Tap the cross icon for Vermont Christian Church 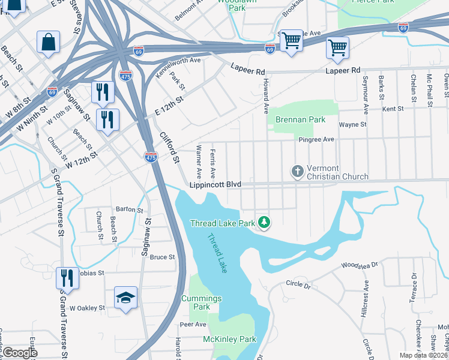(297, 172)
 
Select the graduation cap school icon (126, 298)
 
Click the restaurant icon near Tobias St (67, 278)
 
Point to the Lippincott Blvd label (214, 186)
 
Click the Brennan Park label (300, 119)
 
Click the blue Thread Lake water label (217, 252)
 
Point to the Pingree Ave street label (316, 139)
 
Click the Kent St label (393, 109)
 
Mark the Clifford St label (170, 146)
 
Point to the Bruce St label (162, 257)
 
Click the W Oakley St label (87, 308)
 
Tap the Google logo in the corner (19, 353)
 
